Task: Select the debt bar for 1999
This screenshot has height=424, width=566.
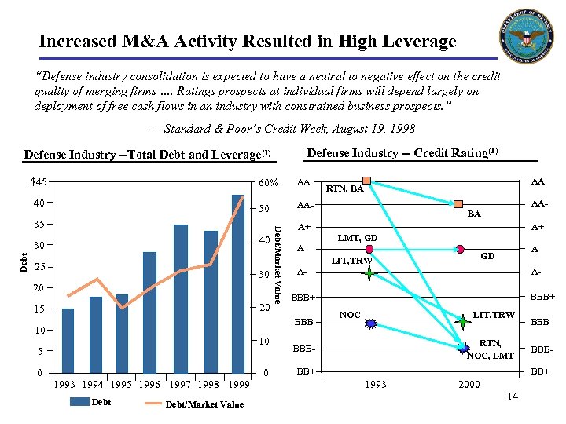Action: click(238, 283)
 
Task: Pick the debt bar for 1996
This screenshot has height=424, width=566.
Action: click(149, 312)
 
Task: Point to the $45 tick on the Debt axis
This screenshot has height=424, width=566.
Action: click(38, 182)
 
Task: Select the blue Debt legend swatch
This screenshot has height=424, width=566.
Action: click(79, 401)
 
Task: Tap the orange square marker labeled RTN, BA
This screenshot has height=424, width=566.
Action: click(367, 179)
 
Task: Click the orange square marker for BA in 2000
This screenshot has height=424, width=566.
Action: click(459, 204)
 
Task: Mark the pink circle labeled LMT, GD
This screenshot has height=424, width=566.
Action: click(368, 249)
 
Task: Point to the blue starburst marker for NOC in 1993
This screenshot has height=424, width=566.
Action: click(371, 323)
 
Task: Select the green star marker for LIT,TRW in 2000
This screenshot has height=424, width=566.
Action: click(462, 321)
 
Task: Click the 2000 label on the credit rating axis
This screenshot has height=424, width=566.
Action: click(469, 383)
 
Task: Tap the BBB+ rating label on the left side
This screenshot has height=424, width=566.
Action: click(303, 298)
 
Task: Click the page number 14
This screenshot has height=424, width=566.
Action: click(512, 396)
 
